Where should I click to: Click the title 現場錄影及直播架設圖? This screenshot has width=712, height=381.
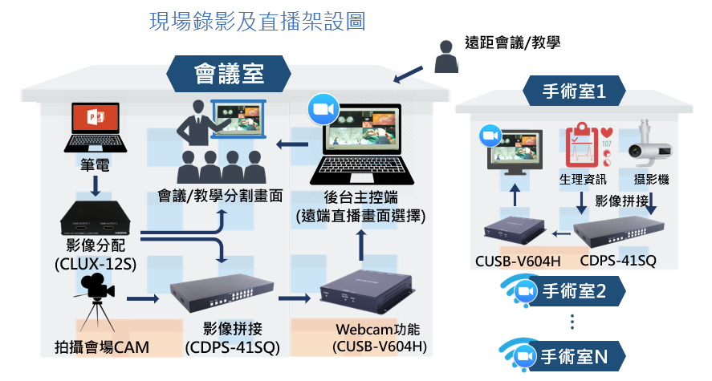tap(258, 22)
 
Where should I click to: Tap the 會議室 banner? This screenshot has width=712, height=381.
tap(229, 75)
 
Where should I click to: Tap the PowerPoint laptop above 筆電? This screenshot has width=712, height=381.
tap(96, 129)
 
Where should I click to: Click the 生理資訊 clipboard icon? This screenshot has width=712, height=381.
tap(583, 144)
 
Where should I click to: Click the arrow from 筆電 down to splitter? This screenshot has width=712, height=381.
tap(96, 185)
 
